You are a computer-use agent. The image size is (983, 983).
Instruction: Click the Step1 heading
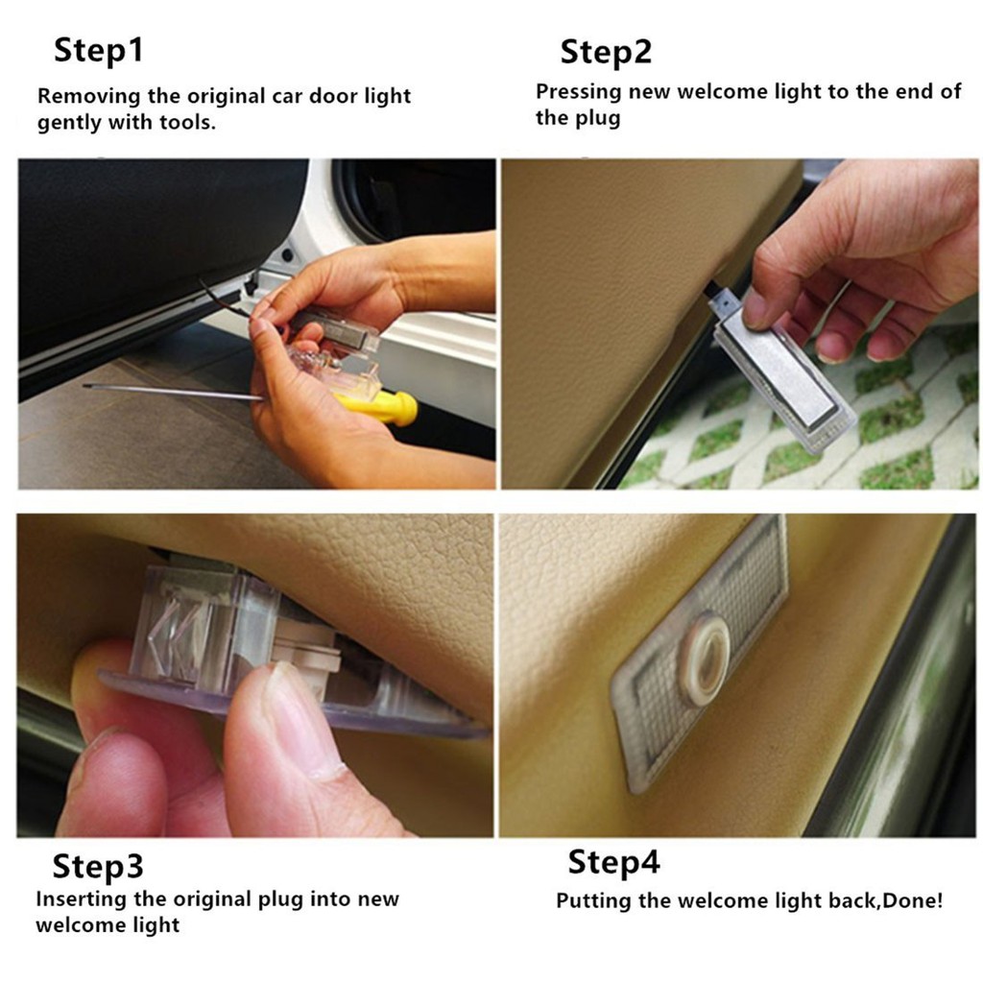point(99,51)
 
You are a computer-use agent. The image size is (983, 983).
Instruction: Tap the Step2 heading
point(606,53)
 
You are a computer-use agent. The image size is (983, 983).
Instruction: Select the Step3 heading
point(98,868)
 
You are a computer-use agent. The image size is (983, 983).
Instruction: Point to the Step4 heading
point(613,863)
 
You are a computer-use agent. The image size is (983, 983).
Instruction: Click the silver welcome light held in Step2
point(783,373)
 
